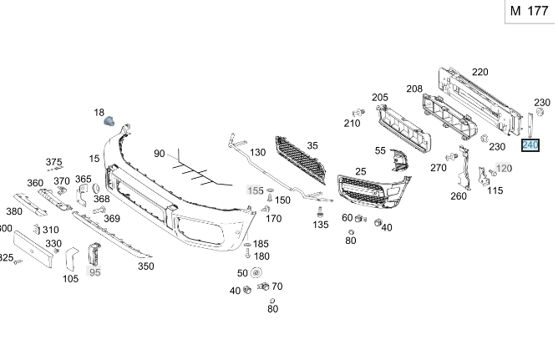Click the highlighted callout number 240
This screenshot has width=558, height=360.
pyautogui.click(x=530, y=145)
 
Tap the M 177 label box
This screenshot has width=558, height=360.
pyautogui.click(x=529, y=11)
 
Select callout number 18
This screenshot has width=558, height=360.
pyautogui.click(x=99, y=113)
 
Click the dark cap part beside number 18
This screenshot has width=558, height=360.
pyautogui.click(x=108, y=123)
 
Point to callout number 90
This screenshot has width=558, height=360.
pyautogui.click(x=160, y=154)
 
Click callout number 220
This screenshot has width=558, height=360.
pyautogui.click(x=479, y=72)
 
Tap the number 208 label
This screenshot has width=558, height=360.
pyautogui.click(x=414, y=89)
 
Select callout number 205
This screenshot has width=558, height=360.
pyautogui.click(x=380, y=98)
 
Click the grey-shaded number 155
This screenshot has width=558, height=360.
pyautogui.click(x=255, y=190)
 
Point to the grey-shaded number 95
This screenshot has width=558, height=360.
pyautogui.click(x=94, y=272)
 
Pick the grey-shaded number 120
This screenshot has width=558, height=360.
pyautogui.click(x=504, y=169)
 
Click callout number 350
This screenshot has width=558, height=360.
pyautogui.click(x=145, y=266)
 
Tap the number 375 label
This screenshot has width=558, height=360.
pyautogui.click(x=53, y=162)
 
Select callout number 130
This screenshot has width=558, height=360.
pyautogui.click(x=258, y=152)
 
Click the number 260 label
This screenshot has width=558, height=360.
pyautogui.click(x=459, y=196)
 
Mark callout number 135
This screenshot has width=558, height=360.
pyautogui.click(x=321, y=224)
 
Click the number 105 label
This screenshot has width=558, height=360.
pyautogui.click(x=71, y=278)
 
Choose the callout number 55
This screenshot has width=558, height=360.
pyautogui.click(x=380, y=150)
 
